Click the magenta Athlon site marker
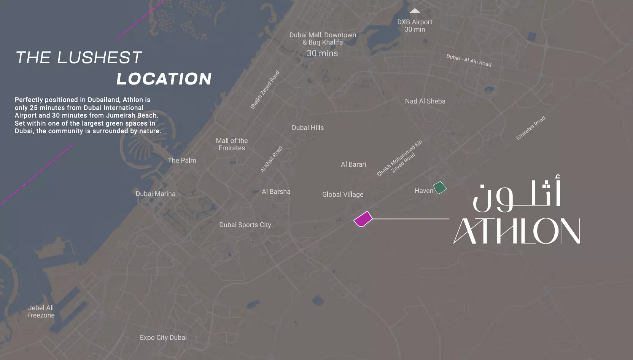pos(363,219)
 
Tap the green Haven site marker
pos(440,187)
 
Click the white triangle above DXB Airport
pos(415,11)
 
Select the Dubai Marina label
pos(155,194)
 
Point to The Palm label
pos(182,161)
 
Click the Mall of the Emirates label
pos(232,144)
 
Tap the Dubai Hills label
pos(308,128)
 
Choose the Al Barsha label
pos(276,192)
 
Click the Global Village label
pos(342,194)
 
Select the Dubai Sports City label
pos(245,225)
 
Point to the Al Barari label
pos(353,164)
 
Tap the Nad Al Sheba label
pos(425,101)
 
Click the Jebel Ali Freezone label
pos(41,312)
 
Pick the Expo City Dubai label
pos(163,338)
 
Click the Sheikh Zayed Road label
pos(265,90)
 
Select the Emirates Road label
pos(530,128)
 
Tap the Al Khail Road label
pos(272,159)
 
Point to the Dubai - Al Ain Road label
pos(469,60)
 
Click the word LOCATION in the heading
pos(164,79)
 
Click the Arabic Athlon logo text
pos(517,194)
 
